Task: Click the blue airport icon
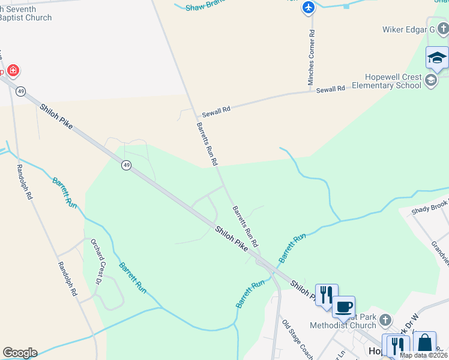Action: point(308,8)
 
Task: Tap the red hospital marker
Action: point(13,71)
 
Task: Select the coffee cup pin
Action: point(343,307)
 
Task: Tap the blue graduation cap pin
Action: point(437,58)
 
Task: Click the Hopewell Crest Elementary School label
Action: point(393,81)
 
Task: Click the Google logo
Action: point(20,353)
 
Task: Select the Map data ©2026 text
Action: point(423,355)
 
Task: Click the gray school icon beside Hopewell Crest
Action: point(430,80)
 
